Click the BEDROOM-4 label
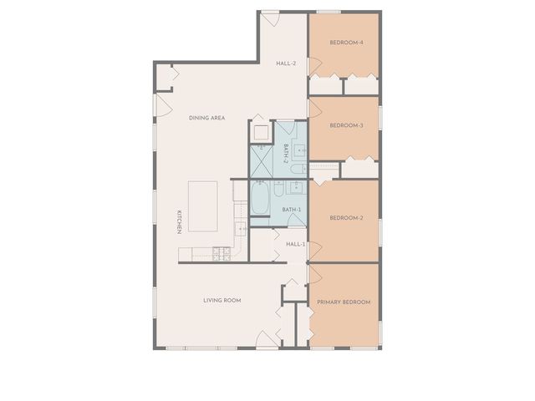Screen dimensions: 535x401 (346, 43)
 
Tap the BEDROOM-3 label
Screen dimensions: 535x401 (346, 125)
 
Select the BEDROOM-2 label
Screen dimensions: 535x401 (346, 218)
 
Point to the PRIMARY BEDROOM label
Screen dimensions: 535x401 (344, 302)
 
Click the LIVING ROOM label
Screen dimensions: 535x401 (222, 301)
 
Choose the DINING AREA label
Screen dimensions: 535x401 (206, 118)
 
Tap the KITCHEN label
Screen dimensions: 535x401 (179, 222)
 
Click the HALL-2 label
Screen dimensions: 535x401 (286, 63)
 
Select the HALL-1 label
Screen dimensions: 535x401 (295, 244)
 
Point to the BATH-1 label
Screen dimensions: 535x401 (292, 210)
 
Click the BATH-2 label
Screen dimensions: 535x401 (286, 153)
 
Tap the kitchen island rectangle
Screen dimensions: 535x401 (202, 206)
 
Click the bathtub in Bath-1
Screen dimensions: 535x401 (260, 198)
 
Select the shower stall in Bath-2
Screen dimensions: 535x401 (262, 161)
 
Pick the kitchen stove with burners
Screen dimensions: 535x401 (222, 254)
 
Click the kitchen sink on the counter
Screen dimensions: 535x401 (241, 228)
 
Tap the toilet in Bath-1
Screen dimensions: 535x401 (278, 189)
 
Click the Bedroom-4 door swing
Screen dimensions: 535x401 (315, 66)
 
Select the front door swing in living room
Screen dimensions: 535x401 (267, 339)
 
